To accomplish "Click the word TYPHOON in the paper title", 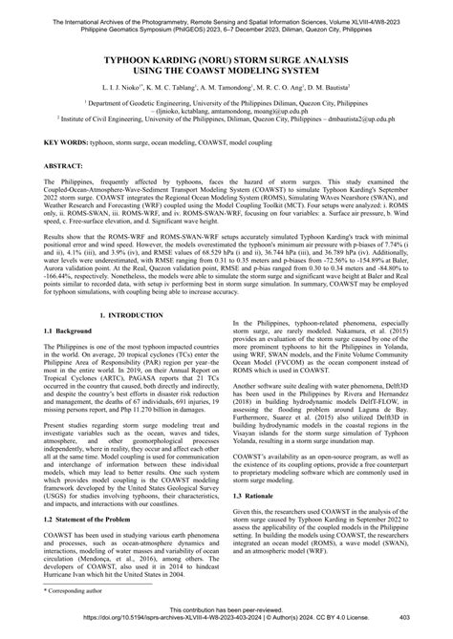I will click(x=121, y=57).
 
